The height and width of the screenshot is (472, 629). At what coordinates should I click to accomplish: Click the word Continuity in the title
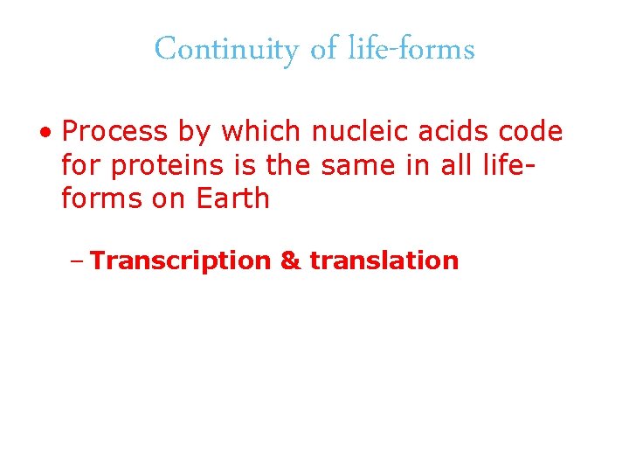coord(226,50)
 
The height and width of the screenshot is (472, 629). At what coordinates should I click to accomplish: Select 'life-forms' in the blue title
coord(411,50)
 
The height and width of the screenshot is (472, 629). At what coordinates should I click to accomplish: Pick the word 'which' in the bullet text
coord(259,132)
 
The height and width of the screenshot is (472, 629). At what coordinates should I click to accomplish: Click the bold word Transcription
coord(181,260)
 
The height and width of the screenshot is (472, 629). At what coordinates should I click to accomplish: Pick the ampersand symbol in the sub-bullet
coord(290,260)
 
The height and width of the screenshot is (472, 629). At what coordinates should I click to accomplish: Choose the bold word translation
coord(384,260)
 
